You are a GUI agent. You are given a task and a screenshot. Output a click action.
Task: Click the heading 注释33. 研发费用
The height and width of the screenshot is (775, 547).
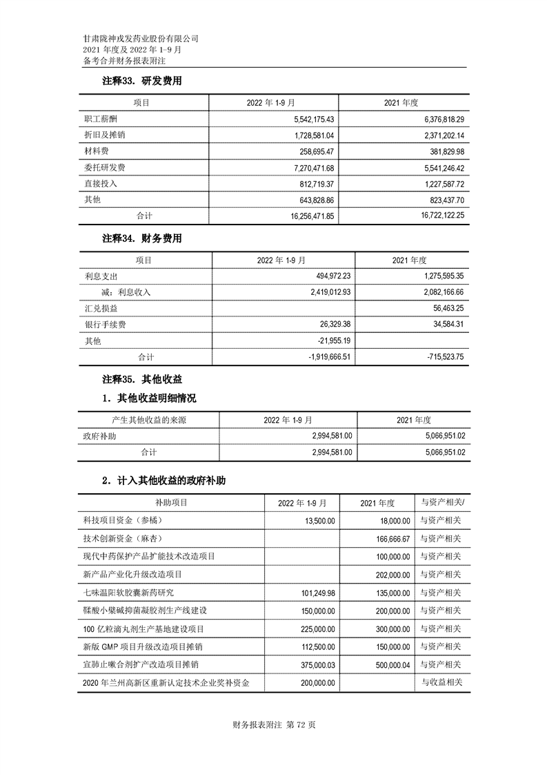[x=141, y=82]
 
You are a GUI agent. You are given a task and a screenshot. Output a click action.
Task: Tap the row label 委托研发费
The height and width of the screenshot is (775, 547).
[x=105, y=168]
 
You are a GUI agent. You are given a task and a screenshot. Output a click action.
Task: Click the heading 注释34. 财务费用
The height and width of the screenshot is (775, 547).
[x=141, y=239]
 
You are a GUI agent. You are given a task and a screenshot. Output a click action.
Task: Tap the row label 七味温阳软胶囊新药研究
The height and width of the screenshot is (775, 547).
[x=128, y=593]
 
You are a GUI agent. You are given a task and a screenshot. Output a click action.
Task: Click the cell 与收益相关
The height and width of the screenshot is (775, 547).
[x=442, y=682]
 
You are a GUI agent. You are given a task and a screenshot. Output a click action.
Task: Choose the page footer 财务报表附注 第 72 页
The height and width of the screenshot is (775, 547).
[x=274, y=725]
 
